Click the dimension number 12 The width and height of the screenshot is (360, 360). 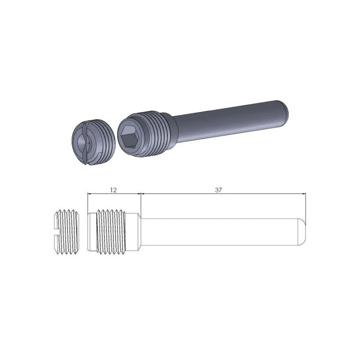(x=113, y=190)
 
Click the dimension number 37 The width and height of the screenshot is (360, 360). (x=219, y=190)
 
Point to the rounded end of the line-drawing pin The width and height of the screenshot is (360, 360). (x=303, y=232)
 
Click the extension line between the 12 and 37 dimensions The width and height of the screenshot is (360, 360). (x=141, y=202)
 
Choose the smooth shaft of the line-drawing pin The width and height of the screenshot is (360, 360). (x=220, y=232)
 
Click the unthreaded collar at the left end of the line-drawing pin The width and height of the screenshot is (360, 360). (x=91, y=232)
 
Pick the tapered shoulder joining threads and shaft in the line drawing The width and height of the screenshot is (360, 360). (x=137, y=232)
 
